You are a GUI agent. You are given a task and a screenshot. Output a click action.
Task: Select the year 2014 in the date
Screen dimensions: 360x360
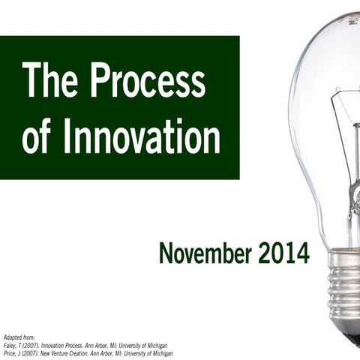point(284,253)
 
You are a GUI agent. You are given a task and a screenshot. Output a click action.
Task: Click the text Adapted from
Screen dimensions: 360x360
point(19,337)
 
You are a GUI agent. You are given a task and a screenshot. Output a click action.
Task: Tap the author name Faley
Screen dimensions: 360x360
point(10,345)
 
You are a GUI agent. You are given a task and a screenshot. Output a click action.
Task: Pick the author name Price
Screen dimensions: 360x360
point(10,352)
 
